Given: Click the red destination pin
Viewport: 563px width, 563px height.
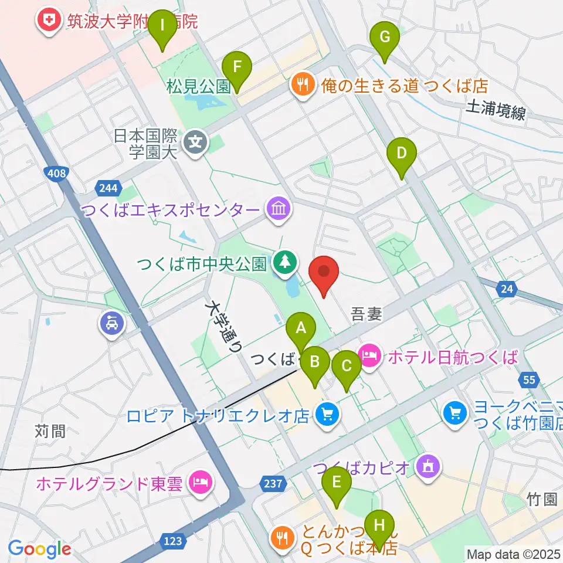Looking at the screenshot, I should (x=324, y=273).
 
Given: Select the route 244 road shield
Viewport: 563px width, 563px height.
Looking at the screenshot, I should (x=108, y=188).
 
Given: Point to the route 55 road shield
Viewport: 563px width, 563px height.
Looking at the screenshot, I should (x=529, y=380).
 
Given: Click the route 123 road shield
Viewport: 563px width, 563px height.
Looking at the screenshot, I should (x=173, y=541).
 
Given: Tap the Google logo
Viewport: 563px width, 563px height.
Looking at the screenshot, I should (x=39, y=549).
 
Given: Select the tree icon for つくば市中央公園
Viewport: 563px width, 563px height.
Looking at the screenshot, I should (x=284, y=263).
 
